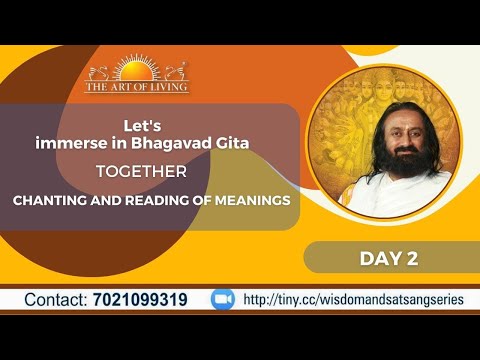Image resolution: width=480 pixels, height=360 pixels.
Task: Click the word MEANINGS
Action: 252,200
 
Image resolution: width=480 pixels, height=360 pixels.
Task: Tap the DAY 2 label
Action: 388,258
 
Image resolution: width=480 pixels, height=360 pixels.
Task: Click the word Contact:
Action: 63,300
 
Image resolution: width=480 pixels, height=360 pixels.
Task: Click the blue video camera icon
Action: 222,299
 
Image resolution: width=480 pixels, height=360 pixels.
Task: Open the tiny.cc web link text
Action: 345,300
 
